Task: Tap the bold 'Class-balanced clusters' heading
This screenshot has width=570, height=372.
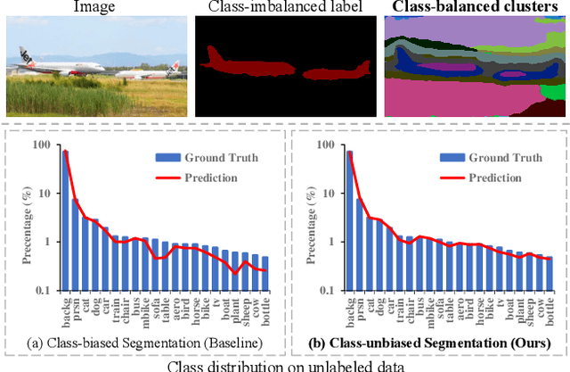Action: click(474, 8)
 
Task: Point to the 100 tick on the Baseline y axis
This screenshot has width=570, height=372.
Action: click(45, 144)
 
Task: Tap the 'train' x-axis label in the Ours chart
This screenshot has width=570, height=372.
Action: click(398, 302)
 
